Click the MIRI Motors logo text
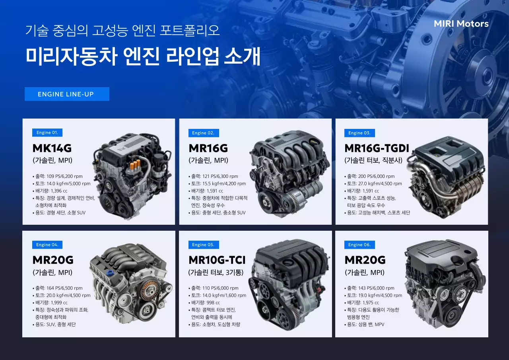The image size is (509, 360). click(461, 24)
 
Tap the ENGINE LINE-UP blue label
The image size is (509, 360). click(67, 94)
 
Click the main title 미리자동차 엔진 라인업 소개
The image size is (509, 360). click(143, 56)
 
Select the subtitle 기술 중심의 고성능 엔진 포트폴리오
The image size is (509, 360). click(122, 31)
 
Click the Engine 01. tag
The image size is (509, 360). click(47, 133)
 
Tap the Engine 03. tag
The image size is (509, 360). click(359, 133)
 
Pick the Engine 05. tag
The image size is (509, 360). click(203, 245)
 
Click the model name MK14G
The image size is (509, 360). click(52, 148)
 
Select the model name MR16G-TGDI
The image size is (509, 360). click(377, 148)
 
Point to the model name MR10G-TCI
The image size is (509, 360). click(217, 260)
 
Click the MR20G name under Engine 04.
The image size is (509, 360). click(53, 260)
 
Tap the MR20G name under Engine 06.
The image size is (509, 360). click(365, 260)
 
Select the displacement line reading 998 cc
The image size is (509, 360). click(206, 303)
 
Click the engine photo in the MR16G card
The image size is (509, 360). click(289, 173)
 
